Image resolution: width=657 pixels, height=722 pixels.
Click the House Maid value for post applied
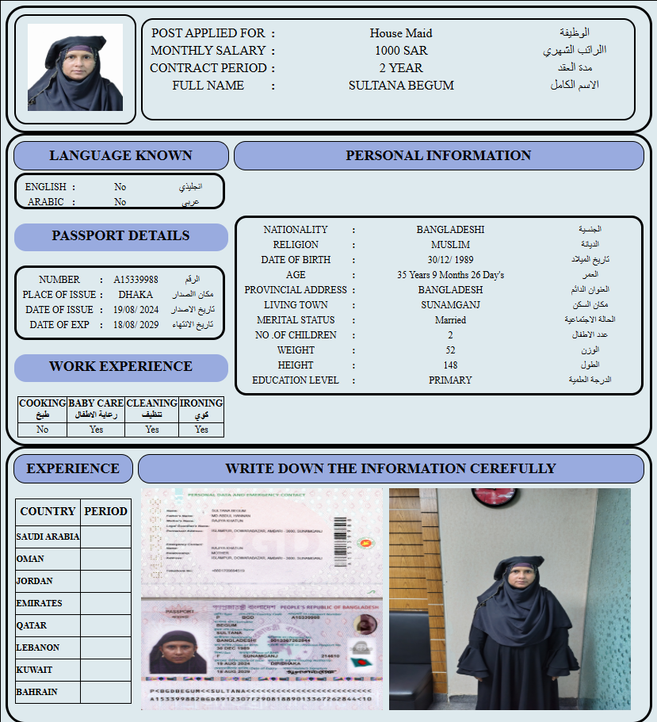[401, 33]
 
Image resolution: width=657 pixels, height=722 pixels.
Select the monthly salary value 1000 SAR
[401, 51]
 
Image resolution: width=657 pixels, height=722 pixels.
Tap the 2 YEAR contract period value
[401, 68]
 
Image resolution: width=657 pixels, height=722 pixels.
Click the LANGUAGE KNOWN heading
[120, 155]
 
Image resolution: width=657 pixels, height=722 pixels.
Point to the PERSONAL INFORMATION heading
[438, 155]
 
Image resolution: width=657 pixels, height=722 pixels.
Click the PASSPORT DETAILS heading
[120, 235]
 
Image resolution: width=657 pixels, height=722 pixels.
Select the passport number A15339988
[136, 280]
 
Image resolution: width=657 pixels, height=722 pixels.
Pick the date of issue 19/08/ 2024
[136, 310]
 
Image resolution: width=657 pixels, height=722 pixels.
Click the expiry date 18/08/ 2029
[136, 325]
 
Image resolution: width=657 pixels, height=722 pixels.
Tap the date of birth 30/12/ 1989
[450, 260]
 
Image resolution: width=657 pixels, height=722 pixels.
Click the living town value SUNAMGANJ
[450, 305]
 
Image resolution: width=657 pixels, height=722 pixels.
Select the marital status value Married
[450, 320]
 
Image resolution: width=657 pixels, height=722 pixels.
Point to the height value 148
[450, 365]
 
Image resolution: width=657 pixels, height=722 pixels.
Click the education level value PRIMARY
[450, 380]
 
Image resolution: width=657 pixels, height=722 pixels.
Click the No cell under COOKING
[42, 430]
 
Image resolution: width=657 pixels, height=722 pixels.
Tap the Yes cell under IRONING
[201, 430]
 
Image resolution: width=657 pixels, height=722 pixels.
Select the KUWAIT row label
[34, 670]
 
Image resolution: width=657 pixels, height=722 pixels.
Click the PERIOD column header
[105, 511]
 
